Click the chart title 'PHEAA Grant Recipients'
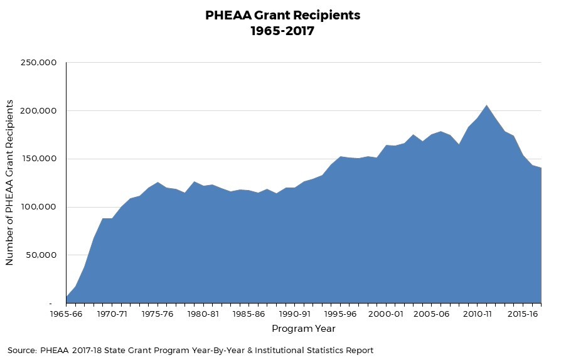pyautogui.click(x=283, y=15)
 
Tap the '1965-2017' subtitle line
pyautogui.click(x=283, y=31)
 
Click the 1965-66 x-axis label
pyautogui.click(x=66, y=314)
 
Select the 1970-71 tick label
pyautogui.click(x=112, y=314)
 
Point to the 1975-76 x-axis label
pyautogui.click(x=158, y=314)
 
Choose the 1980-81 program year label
pyautogui.click(x=203, y=314)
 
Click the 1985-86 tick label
pyautogui.click(x=249, y=314)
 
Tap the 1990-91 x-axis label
pyautogui.click(x=295, y=314)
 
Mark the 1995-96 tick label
pyautogui.click(x=341, y=314)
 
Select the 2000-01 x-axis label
pyautogui.click(x=387, y=314)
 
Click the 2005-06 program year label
pyautogui.click(x=432, y=314)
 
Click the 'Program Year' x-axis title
pyautogui.click(x=303, y=329)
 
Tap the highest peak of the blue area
pyautogui.click(x=487, y=105)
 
